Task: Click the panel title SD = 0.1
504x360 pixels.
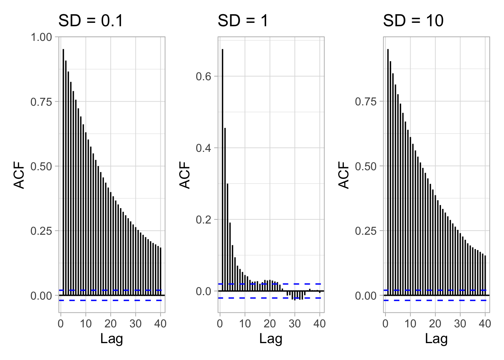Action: pyautogui.click(x=90, y=21)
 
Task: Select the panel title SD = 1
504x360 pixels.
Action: pyautogui.click(x=243, y=21)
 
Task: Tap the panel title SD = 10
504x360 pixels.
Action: pyautogui.click(x=413, y=21)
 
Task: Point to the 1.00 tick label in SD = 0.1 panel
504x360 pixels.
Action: pyautogui.click(x=41, y=37)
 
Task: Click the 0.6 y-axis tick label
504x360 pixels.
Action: pyautogui.click(x=204, y=76)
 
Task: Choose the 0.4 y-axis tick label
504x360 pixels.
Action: pyautogui.click(x=204, y=148)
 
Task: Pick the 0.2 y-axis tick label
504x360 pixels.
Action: pyautogui.click(x=204, y=219)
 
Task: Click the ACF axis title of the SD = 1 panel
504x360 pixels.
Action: pyautogui.click(x=185, y=175)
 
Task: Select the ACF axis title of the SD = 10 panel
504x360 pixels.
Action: pyautogui.click(x=344, y=175)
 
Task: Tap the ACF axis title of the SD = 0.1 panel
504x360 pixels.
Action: pyautogui.click(x=19, y=175)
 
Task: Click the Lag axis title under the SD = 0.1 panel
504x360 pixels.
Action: pyautogui.click(x=111, y=339)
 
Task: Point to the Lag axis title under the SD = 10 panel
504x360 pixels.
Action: pyautogui.click(x=436, y=339)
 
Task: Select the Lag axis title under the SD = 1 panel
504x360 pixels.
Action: pyautogui.click(x=271, y=339)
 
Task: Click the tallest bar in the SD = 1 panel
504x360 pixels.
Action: pyautogui.click(x=222, y=169)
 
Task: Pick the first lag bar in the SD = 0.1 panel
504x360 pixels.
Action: pyautogui.click(x=63, y=172)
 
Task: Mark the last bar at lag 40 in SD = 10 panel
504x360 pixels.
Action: pyautogui.click(x=485, y=276)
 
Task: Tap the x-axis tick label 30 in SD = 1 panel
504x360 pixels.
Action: pyautogui.click(x=295, y=323)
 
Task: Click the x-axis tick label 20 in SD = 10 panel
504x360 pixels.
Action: pyautogui.click(x=435, y=323)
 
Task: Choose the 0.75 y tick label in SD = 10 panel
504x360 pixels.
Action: pyautogui.click(x=366, y=102)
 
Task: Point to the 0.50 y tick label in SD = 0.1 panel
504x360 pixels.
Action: pyautogui.click(x=41, y=166)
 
